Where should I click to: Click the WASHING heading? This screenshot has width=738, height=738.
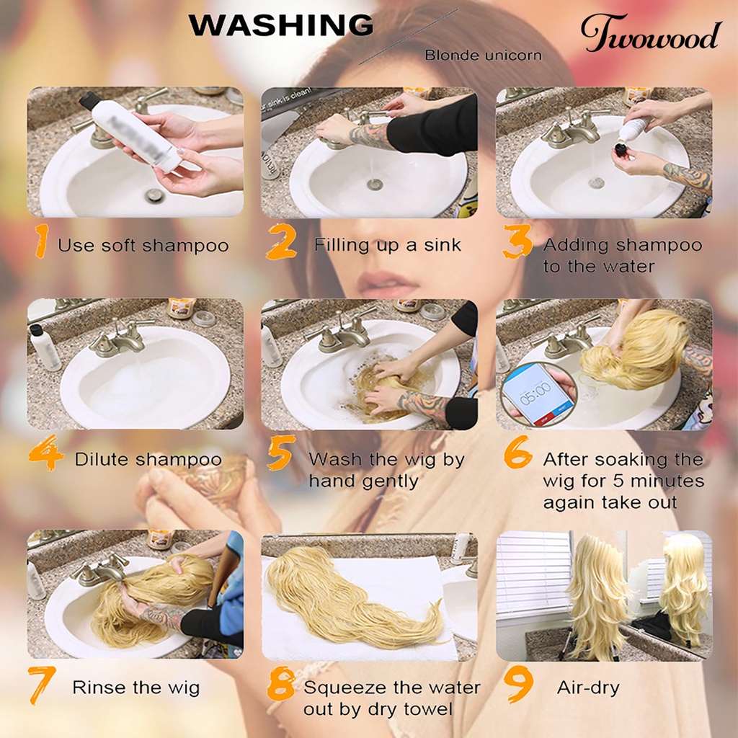[281, 25]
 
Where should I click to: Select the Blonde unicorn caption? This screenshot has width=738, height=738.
[483, 55]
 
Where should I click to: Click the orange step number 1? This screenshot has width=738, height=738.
[42, 241]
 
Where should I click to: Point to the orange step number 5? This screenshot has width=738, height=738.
[281, 453]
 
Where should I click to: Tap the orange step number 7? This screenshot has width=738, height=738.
[41, 685]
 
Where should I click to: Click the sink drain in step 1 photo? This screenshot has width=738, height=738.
[154, 195]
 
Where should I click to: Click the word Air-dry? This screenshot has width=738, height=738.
[588, 688]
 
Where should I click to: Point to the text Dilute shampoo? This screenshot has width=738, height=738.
[148, 459]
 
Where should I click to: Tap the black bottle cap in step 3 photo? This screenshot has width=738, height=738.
[623, 151]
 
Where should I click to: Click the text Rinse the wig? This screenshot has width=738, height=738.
[136, 688]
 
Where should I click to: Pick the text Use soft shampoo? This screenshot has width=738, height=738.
[143, 246]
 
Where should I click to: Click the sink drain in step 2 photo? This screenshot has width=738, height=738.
[375, 184]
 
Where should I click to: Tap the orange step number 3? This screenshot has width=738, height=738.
[517, 241]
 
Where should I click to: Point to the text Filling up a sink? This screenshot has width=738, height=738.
[387, 245]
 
